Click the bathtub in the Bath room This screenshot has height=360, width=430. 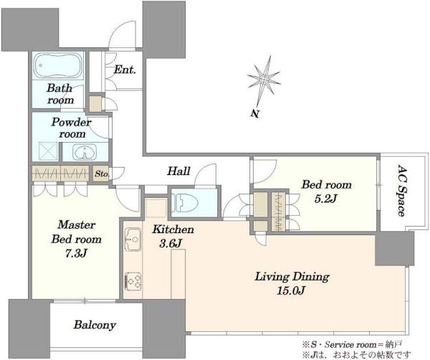pos(57,65)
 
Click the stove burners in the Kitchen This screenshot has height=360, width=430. pos(133,281)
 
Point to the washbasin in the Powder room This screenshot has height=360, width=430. pos(85,151)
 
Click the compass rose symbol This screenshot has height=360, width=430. pos(264,79)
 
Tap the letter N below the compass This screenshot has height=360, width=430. pos(255,113)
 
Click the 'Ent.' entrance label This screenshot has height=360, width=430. pos(125,70)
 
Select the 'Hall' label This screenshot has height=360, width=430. pos(178,171)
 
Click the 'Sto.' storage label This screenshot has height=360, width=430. pos(102,174)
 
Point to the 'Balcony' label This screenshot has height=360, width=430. pos(95,325)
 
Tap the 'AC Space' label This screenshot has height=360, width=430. pos(401,191)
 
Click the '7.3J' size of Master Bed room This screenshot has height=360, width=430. pos(76,253)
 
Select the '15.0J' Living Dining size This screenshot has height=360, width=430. pos(291,290)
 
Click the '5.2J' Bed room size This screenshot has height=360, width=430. pos(325,199)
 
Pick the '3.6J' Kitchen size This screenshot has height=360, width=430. pos(171,243)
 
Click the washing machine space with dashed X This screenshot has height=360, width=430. pos(48,151)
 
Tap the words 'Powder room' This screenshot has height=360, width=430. pos(72,128)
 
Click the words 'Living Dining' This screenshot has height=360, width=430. pos(292,277)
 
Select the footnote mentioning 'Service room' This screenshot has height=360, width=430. pos(353,344)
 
